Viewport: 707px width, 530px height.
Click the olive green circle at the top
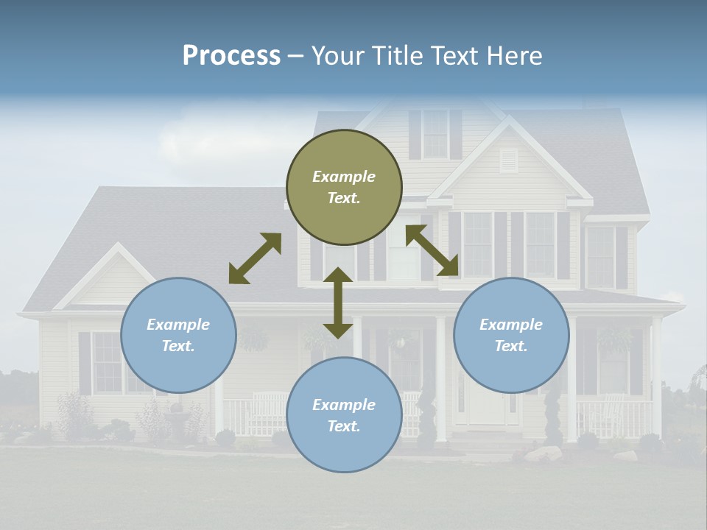(x=344, y=187)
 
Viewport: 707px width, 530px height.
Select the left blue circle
(x=178, y=335)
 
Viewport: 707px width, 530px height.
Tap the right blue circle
(x=511, y=335)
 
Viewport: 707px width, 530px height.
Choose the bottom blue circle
(x=344, y=415)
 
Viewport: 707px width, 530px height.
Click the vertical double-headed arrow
(x=338, y=303)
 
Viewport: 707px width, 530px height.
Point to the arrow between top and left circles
(x=255, y=258)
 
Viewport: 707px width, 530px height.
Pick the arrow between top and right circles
(x=432, y=250)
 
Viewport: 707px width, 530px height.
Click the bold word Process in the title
(x=231, y=55)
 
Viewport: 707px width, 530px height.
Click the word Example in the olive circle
(x=344, y=177)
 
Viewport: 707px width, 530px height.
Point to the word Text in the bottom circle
(x=344, y=426)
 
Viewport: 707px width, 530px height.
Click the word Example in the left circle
(x=178, y=325)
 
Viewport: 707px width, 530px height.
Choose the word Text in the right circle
(x=511, y=346)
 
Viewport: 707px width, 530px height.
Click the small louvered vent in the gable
(x=509, y=160)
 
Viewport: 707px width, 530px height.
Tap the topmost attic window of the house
(x=435, y=133)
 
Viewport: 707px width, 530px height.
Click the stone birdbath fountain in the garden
(x=176, y=423)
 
